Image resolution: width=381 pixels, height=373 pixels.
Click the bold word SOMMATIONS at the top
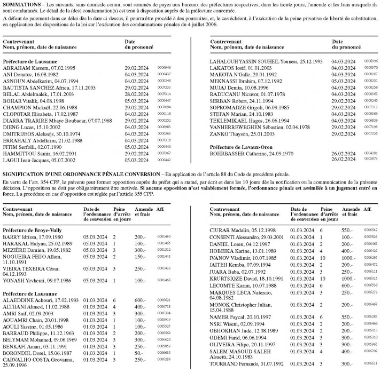point(21,4)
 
